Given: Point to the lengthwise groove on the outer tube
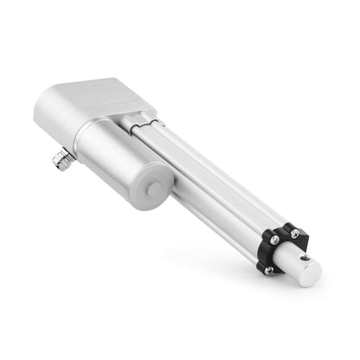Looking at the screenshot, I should pyautogui.click(x=208, y=173).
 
